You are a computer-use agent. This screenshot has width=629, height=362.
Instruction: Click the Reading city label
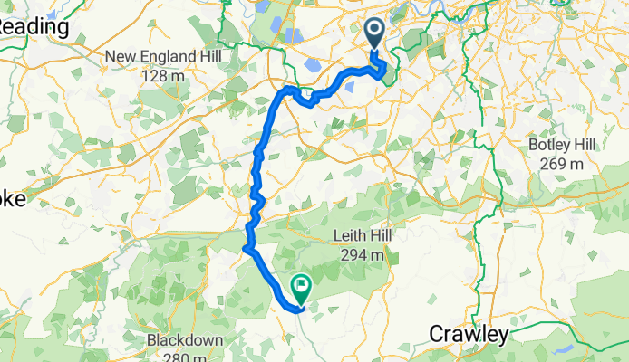point(34,27)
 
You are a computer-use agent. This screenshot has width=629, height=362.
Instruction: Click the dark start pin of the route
point(374,34)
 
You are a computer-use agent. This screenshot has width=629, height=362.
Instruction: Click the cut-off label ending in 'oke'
point(20,203)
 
